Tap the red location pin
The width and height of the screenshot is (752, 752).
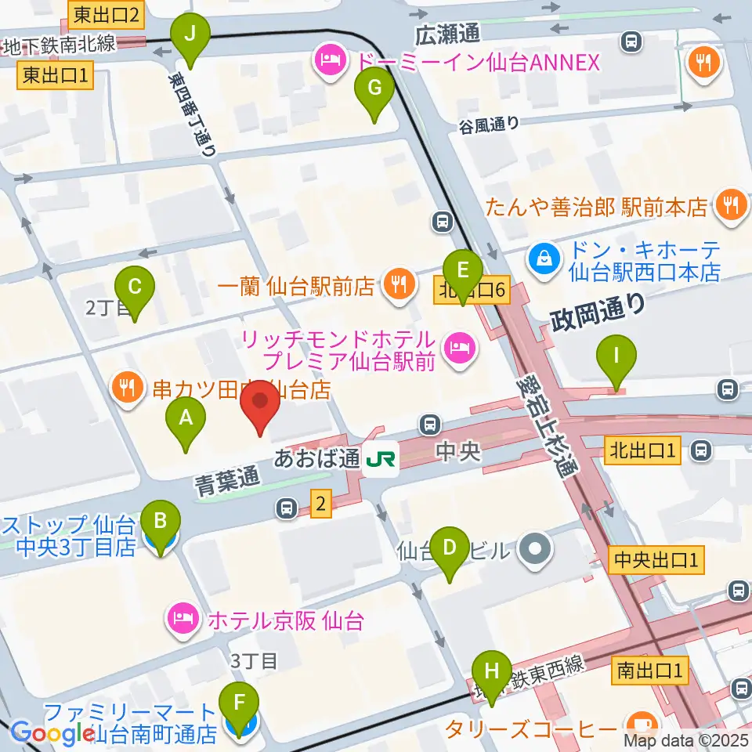258,410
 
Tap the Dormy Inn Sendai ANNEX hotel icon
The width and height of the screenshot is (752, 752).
330,60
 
